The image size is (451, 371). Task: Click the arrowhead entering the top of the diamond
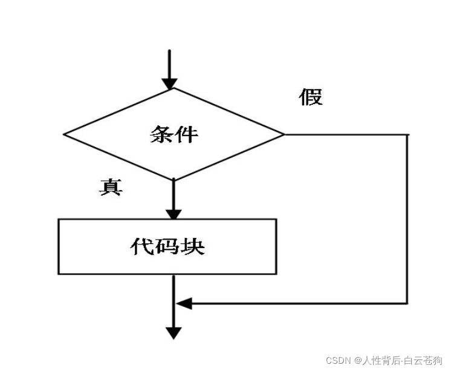[x=170, y=82]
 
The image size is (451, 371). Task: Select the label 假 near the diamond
[x=311, y=97]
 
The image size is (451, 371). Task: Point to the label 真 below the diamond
[x=111, y=188]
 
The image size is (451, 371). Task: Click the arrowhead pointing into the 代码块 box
[x=174, y=214]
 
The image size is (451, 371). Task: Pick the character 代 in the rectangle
[x=141, y=246]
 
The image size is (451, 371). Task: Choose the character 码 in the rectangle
[x=167, y=246]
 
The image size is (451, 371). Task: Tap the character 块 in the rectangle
[x=193, y=246]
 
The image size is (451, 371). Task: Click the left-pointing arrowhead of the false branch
[x=183, y=303]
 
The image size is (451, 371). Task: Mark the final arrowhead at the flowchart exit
[x=174, y=332]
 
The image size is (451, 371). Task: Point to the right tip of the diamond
[x=284, y=134]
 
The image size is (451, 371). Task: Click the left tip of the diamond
[x=64, y=134]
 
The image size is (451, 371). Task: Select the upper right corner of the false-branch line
[x=408, y=134]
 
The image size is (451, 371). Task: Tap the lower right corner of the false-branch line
[x=408, y=303]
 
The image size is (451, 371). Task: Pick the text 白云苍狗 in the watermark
[x=426, y=360]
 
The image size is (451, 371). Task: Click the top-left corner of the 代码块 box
[x=59, y=220]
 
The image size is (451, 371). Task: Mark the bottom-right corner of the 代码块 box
[x=276, y=274]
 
